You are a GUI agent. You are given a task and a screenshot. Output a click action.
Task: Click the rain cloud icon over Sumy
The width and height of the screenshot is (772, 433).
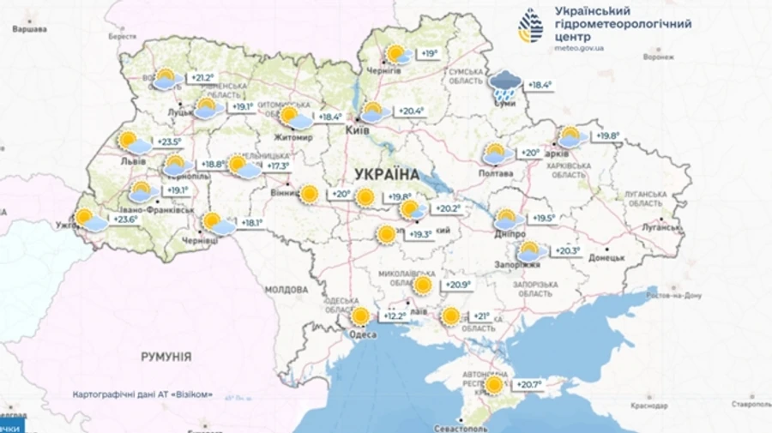504,84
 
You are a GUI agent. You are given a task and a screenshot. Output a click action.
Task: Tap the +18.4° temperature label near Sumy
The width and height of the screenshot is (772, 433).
539,85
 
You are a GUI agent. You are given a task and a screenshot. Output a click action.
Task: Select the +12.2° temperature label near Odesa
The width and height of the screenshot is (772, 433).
394,316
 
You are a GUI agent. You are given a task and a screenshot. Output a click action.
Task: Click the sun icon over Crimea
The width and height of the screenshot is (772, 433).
493,385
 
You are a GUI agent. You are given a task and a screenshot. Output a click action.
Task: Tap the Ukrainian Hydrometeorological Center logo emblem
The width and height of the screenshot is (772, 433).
530,26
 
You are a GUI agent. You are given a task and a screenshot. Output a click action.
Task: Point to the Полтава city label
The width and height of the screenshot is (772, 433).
496,173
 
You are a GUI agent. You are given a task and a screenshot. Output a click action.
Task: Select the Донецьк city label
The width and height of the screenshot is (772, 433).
607,256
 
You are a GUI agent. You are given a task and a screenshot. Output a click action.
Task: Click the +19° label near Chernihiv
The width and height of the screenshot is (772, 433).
429,54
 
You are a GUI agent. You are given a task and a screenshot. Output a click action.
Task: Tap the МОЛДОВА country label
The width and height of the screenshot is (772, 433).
286,290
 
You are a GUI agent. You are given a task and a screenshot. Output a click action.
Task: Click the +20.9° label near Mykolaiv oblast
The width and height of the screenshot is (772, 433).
458,285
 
